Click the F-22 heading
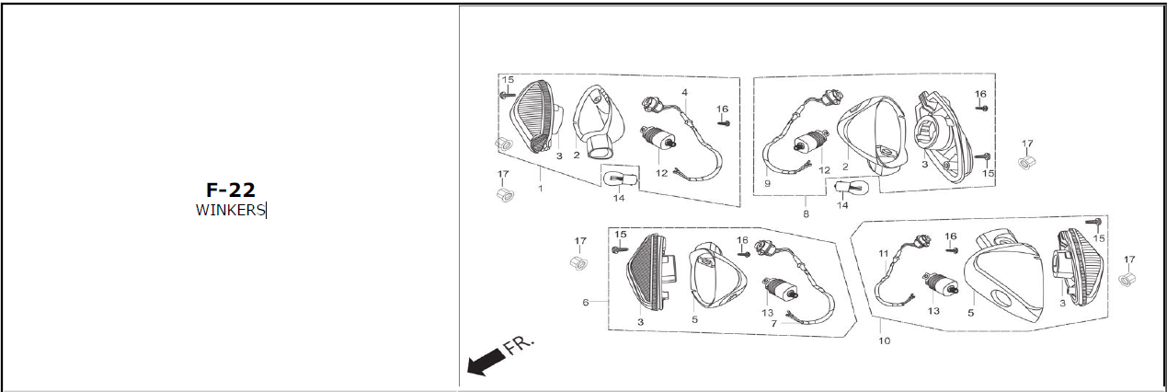coord(231,190)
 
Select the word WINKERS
coord(230,210)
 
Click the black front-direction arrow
coord(486,362)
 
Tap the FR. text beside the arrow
coord(520,345)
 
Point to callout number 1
coord(540,189)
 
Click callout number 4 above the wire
coord(684,92)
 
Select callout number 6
coord(586,303)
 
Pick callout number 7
coord(773,324)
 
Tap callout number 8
coord(806,213)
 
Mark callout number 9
coord(767,183)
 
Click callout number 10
coord(884,340)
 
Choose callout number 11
coord(883,253)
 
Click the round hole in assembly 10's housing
coord(1001,298)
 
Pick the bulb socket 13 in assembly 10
coord(941,284)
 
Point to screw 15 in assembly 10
coord(1093,222)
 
